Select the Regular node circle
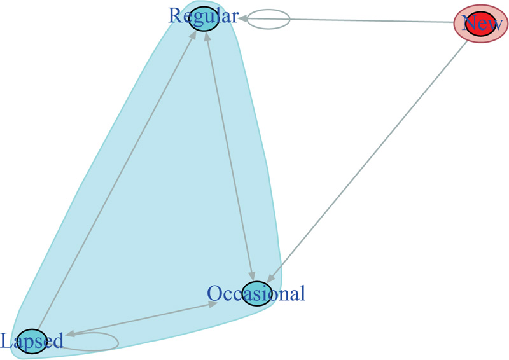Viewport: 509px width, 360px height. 204,18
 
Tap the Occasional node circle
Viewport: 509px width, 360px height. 256,293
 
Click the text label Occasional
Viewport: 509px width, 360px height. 256,293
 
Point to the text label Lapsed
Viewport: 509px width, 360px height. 32,342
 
